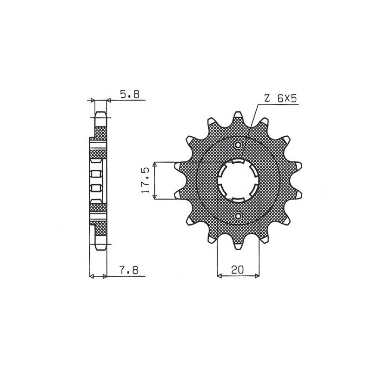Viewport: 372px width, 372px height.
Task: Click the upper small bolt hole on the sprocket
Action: point(238,145)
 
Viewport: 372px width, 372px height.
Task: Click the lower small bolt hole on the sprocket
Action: point(238,217)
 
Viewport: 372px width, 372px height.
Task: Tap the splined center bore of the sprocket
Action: point(238,181)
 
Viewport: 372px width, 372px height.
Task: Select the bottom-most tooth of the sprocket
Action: point(238,246)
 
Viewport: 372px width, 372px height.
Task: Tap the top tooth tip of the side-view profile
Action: point(100,113)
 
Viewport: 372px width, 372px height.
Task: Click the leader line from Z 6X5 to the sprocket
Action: point(254,116)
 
